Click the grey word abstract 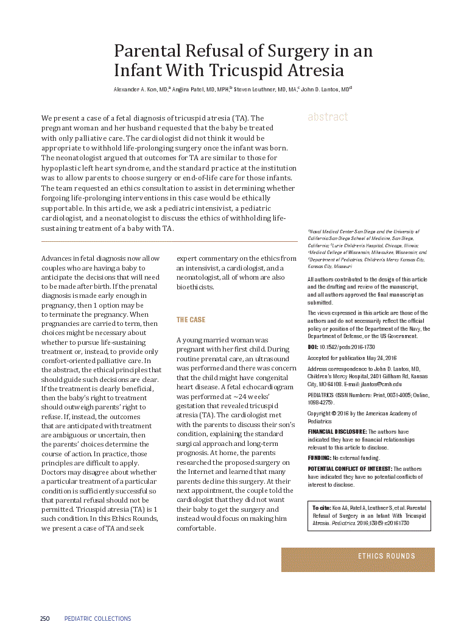click(x=328, y=117)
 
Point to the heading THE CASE click(x=191, y=320)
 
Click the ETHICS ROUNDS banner click(x=387, y=556)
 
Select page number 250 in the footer click(x=45, y=619)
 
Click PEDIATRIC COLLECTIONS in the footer click(x=97, y=619)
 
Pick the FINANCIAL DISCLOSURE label click(x=337, y=431)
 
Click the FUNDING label click(x=319, y=458)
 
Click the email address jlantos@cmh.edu click(x=382, y=384)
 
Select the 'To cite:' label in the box click(x=322, y=507)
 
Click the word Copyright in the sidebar click(x=319, y=414)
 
